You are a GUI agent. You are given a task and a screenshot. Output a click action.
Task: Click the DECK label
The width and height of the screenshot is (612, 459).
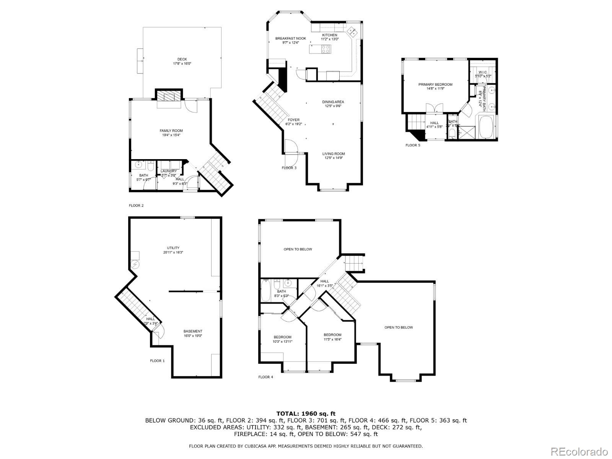182,59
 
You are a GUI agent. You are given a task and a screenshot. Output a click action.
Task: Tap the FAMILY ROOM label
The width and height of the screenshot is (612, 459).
171,131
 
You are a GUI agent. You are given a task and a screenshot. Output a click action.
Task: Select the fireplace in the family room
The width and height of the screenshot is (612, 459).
169,96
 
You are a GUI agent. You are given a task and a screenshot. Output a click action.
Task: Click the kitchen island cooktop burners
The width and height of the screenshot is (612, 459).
326,49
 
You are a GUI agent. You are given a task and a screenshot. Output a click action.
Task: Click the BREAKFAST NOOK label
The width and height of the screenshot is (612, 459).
291,39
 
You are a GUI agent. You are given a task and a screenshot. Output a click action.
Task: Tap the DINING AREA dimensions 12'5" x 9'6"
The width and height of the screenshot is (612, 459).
333,106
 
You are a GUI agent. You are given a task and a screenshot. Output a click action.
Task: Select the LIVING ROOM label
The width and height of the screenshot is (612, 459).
334,154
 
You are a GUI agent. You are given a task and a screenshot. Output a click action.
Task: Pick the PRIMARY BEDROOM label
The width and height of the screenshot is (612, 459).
435,85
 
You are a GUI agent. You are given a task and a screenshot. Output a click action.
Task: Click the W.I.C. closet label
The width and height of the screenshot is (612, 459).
482,72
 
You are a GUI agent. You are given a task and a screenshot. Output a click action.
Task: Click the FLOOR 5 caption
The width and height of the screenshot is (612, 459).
413,145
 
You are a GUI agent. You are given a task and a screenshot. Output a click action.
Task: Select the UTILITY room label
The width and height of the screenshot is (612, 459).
173,248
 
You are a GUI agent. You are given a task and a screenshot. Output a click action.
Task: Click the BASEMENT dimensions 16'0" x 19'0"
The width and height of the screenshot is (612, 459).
193,336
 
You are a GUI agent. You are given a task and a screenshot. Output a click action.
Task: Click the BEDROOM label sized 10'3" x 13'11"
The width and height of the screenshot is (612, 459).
282,337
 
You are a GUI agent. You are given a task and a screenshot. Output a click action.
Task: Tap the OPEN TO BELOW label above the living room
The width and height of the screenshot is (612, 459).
399,327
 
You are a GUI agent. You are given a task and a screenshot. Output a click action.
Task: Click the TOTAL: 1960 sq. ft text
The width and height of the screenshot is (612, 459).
306,413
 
